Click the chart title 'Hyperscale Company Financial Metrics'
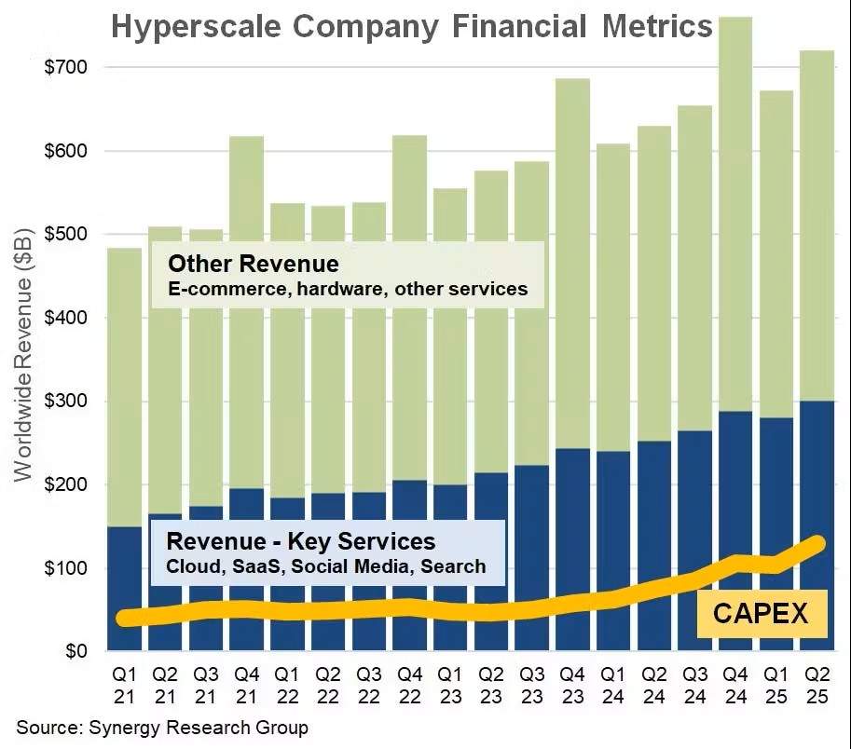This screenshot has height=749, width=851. pos(411,25)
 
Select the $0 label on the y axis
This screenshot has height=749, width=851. pos(74,651)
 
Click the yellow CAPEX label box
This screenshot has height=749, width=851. pos(762,613)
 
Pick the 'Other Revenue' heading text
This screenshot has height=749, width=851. pos(253,263)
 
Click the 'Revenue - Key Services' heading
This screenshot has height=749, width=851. pos(300,541)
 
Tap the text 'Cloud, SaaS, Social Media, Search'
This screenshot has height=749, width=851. pos(325,565)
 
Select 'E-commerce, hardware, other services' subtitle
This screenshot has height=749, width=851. pos(347,289)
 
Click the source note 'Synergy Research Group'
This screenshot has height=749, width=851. pos(161,727)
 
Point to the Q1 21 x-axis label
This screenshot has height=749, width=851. pos(124,684)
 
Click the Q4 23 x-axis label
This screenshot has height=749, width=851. pos(571,684)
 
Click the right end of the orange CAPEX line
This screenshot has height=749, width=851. pos(818,543)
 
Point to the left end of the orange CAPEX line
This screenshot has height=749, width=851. pos(124,618)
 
